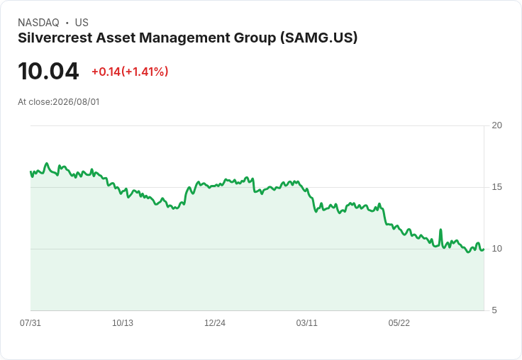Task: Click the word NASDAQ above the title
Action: (x=38, y=23)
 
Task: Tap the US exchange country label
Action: (x=82, y=23)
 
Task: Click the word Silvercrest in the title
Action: (x=55, y=38)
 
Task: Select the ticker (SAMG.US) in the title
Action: (x=318, y=38)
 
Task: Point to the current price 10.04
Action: (x=48, y=71)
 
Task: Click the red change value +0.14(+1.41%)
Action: (x=130, y=72)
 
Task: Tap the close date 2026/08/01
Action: (x=76, y=102)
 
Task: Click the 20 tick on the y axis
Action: (x=496, y=125)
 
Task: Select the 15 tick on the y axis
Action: (x=496, y=187)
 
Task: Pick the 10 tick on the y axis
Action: (x=496, y=249)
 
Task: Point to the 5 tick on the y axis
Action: (x=494, y=310)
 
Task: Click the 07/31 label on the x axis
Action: (x=30, y=323)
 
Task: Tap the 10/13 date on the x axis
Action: (x=123, y=323)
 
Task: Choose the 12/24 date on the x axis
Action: (x=215, y=323)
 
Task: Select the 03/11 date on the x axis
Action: (x=307, y=323)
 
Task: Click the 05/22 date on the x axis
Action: (x=399, y=323)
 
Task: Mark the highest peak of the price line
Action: (x=47, y=164)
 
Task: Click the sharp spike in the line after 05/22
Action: (x=440, y=230)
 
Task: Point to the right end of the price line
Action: (x=484, y=249)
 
